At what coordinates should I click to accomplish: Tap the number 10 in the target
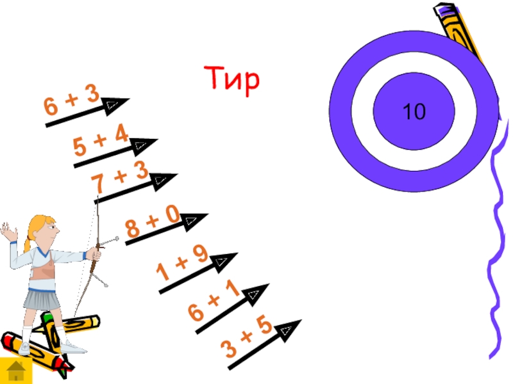click(414, 113)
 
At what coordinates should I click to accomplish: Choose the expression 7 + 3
click(120, 177)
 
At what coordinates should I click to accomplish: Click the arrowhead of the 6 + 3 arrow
click(114, 104)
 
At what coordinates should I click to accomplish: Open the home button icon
click(14, 371)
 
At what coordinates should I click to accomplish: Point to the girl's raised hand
click(8, 232)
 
